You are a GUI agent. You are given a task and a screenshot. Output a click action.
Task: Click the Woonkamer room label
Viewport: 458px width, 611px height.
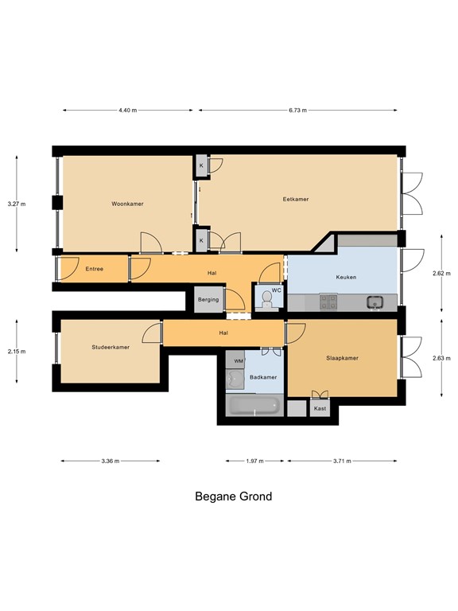coord(127,204)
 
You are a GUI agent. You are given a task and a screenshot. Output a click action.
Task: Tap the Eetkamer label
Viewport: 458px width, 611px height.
coord(296,199)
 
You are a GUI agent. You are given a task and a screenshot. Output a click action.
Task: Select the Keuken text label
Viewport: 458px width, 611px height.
coord(346,278)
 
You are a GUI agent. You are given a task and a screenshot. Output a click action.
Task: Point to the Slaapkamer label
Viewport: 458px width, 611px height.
coord(342,358)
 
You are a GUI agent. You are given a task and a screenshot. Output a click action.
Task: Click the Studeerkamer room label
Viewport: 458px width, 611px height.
coord(111,347)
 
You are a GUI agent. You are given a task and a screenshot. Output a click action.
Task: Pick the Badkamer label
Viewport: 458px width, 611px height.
coord(263,377)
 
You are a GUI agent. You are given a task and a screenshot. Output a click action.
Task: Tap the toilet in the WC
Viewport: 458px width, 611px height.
coord(267,299)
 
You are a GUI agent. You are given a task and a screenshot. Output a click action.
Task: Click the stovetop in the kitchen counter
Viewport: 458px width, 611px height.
coord(328,302)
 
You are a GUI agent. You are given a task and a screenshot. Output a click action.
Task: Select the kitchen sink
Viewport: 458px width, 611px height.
coord(375,302)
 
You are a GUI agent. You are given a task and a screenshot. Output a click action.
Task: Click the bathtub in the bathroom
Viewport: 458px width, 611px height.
coord(254,405)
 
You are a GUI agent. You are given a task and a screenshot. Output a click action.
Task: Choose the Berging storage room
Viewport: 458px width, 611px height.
coord(209,299)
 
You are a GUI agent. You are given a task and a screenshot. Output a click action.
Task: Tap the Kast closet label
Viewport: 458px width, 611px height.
coord(320,408)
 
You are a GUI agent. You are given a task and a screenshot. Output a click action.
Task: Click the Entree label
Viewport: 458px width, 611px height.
coord(95,269)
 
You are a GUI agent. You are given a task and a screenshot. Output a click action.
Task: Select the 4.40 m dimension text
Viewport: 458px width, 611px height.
coord(128,111)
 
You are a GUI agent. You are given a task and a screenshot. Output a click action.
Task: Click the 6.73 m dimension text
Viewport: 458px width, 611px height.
coord(297,111)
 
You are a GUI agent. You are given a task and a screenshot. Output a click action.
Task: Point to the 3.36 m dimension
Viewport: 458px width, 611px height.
coord(111,461)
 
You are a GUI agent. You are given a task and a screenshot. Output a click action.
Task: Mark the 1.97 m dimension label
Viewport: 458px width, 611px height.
coord(254,461)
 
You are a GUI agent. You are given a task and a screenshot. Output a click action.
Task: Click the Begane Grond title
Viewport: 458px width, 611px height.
coord(233,496)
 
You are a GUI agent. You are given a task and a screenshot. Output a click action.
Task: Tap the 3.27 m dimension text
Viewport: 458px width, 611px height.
coord(17,204)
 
